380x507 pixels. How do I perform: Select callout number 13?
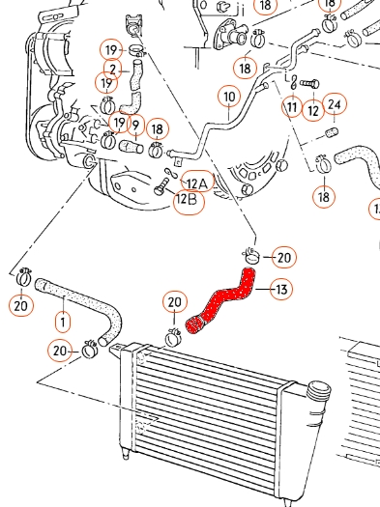(x=281, y=289)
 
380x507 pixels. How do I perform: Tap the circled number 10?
(x=229, y=97)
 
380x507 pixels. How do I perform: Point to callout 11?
(x=292, y=106)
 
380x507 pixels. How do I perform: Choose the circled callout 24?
(x=335, y=104)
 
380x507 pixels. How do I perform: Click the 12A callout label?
(x=197, y=183)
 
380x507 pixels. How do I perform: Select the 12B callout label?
(x=190, y=201)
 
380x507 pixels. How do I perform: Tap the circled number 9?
(x=136, y=125)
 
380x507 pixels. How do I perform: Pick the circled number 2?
(x=112, y=70)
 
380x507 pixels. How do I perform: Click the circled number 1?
(x=63, y=322)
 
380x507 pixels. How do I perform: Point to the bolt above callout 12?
(x=309, y=84)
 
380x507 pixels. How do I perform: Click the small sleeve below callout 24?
(x=332, y=132)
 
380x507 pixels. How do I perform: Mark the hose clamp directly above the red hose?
(x=251, y=256)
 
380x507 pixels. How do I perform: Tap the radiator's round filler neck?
(x=319, y=390)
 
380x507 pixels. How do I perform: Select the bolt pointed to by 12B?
(x=161, y=186)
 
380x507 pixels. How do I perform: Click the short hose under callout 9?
(x=132, y=147)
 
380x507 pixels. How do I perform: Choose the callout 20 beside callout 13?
(x=284, y=257)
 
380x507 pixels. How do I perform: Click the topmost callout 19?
(x=111, y=50)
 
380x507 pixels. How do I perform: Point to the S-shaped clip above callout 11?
(x=294, y=82)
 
